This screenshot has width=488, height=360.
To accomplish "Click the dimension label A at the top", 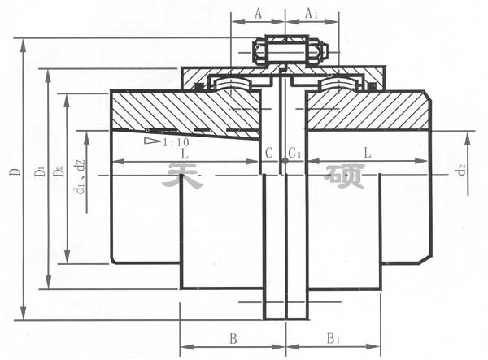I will click(x=258, y=14).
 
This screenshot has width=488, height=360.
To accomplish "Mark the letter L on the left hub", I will click(x=186, y=153).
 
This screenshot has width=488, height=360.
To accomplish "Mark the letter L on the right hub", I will click(x=368, y=153).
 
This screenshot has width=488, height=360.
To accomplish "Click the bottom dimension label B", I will click(x=233, y=338).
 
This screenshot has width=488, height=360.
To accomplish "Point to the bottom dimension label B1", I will click(x=334, y=338).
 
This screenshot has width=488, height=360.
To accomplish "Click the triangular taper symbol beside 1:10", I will click(x=151, y=141).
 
